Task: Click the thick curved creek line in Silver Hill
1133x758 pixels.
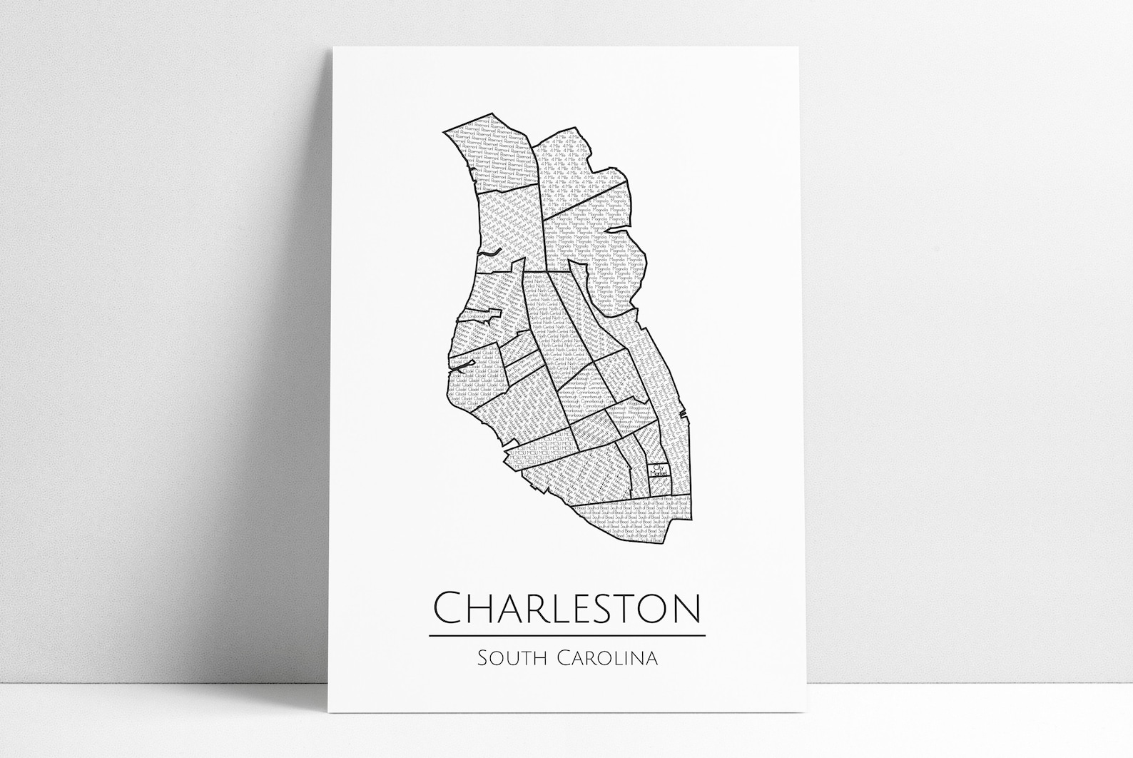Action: point(488,253)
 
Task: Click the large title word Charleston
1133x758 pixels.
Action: point(566,608)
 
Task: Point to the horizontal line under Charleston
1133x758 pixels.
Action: point(566,635)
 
